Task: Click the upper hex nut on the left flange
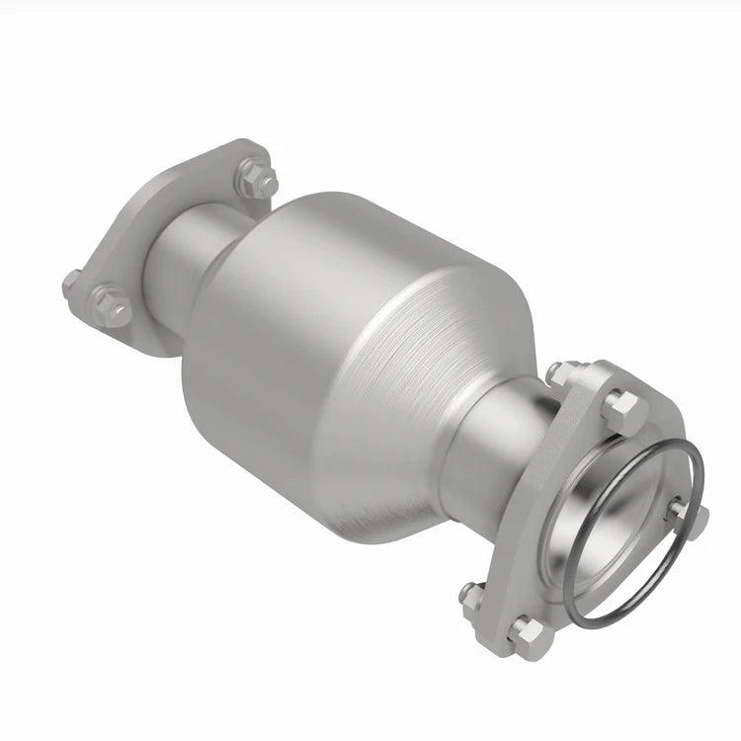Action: (x=255, y=180)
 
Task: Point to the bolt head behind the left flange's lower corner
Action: (x=71, y=283)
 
